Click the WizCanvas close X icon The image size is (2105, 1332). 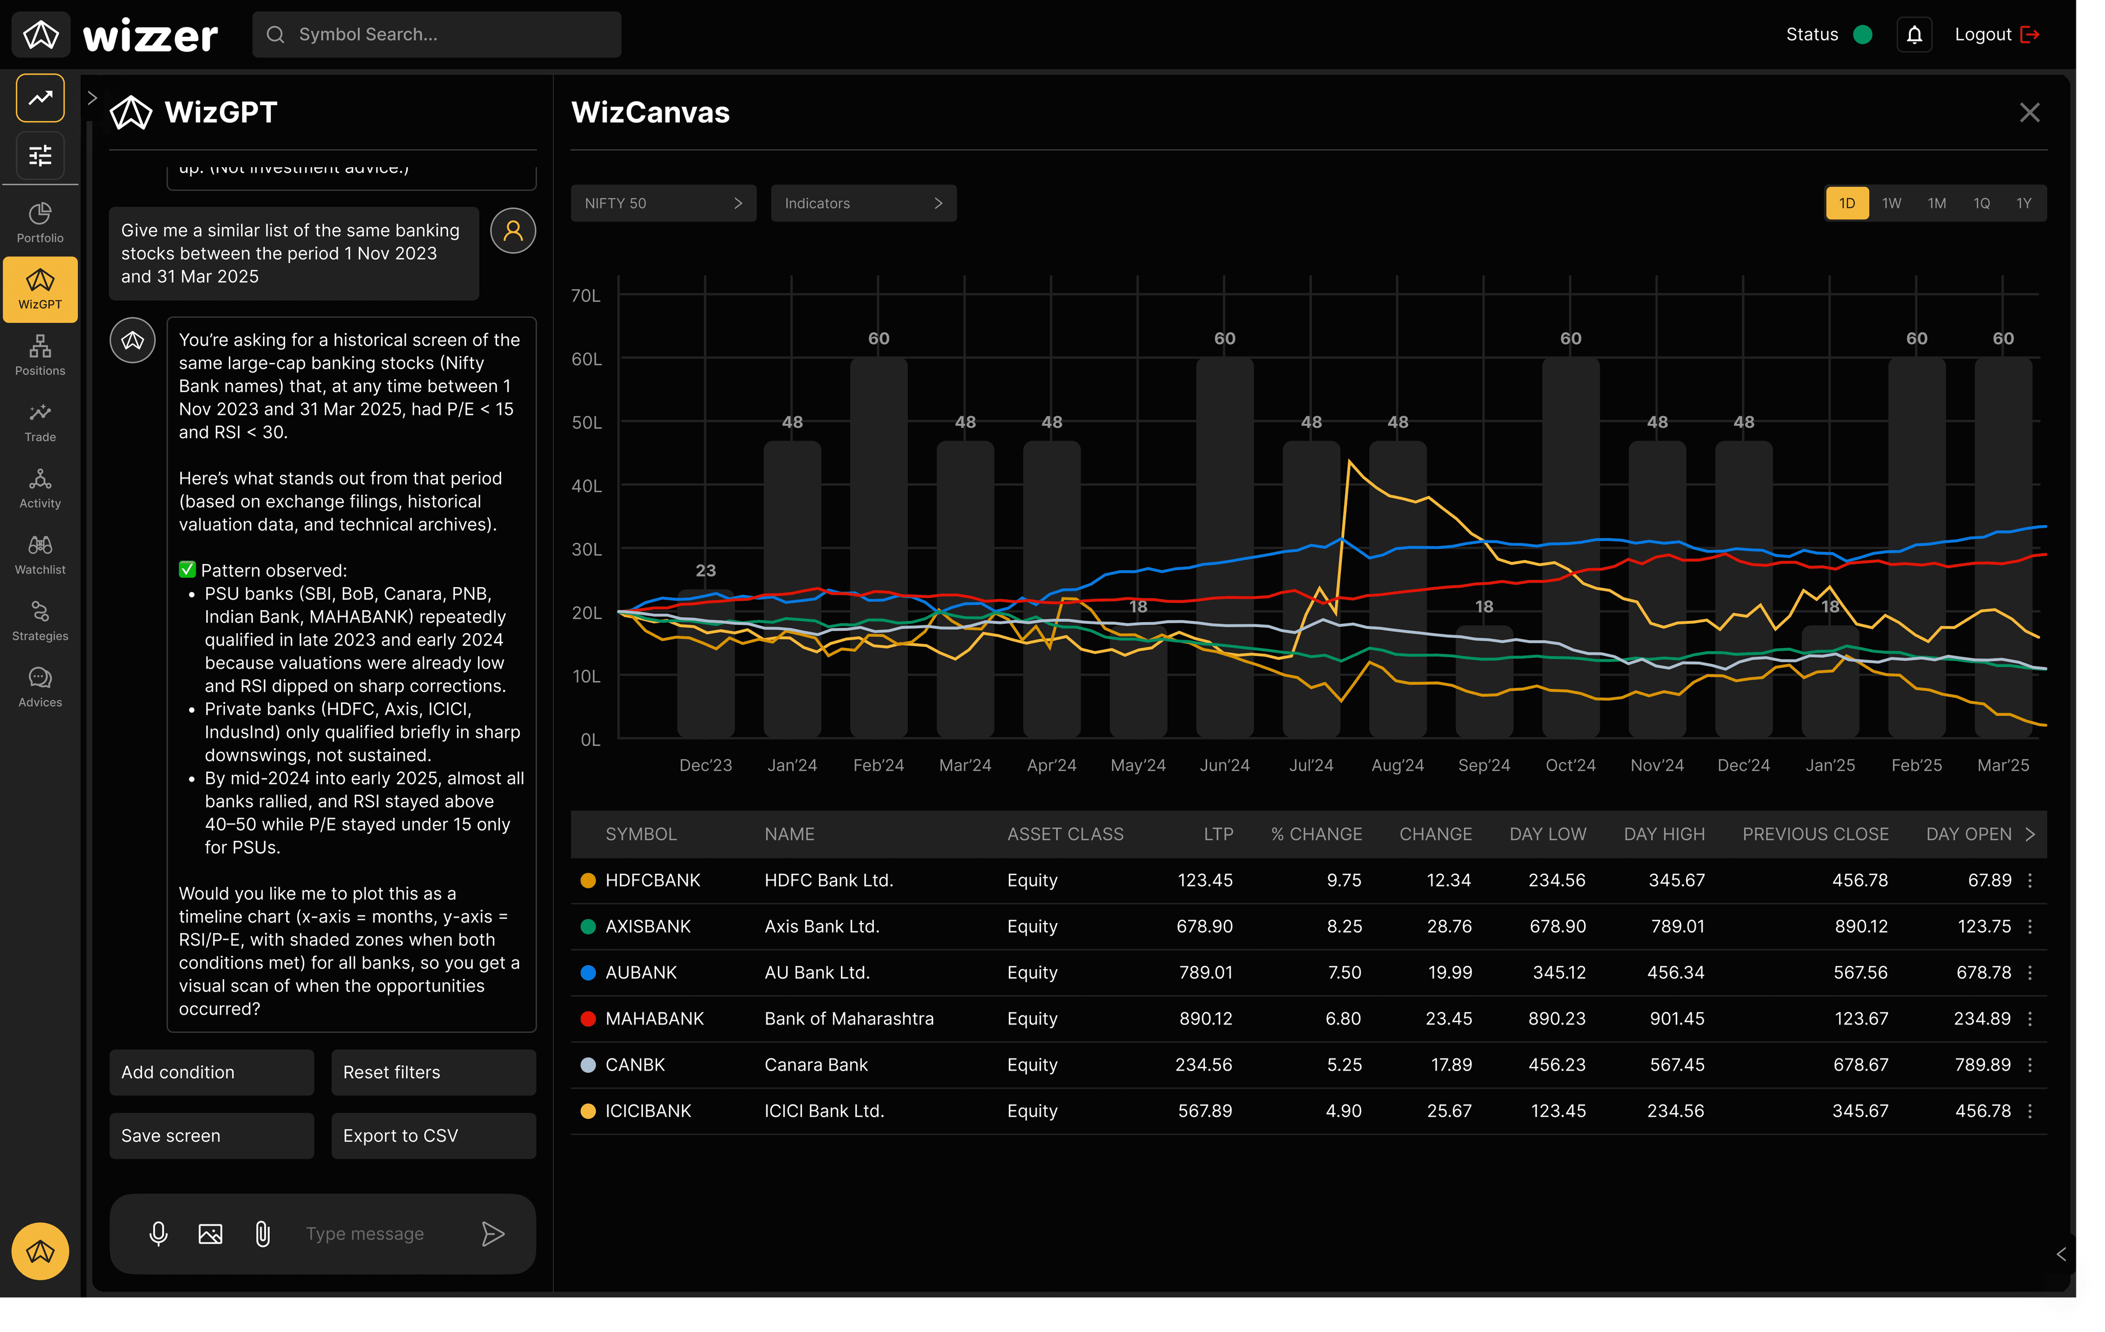click(x=2029, y=113)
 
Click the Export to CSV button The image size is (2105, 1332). click(x=433, y=1135)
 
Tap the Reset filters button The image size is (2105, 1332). click(x=433, y=1072)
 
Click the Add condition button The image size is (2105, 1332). click(x=210, y=1072)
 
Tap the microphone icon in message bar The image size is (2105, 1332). click(x=158, y=1233)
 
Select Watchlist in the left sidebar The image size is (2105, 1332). click(x=40, y=555)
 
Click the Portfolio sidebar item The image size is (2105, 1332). click(x=40, y=223)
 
